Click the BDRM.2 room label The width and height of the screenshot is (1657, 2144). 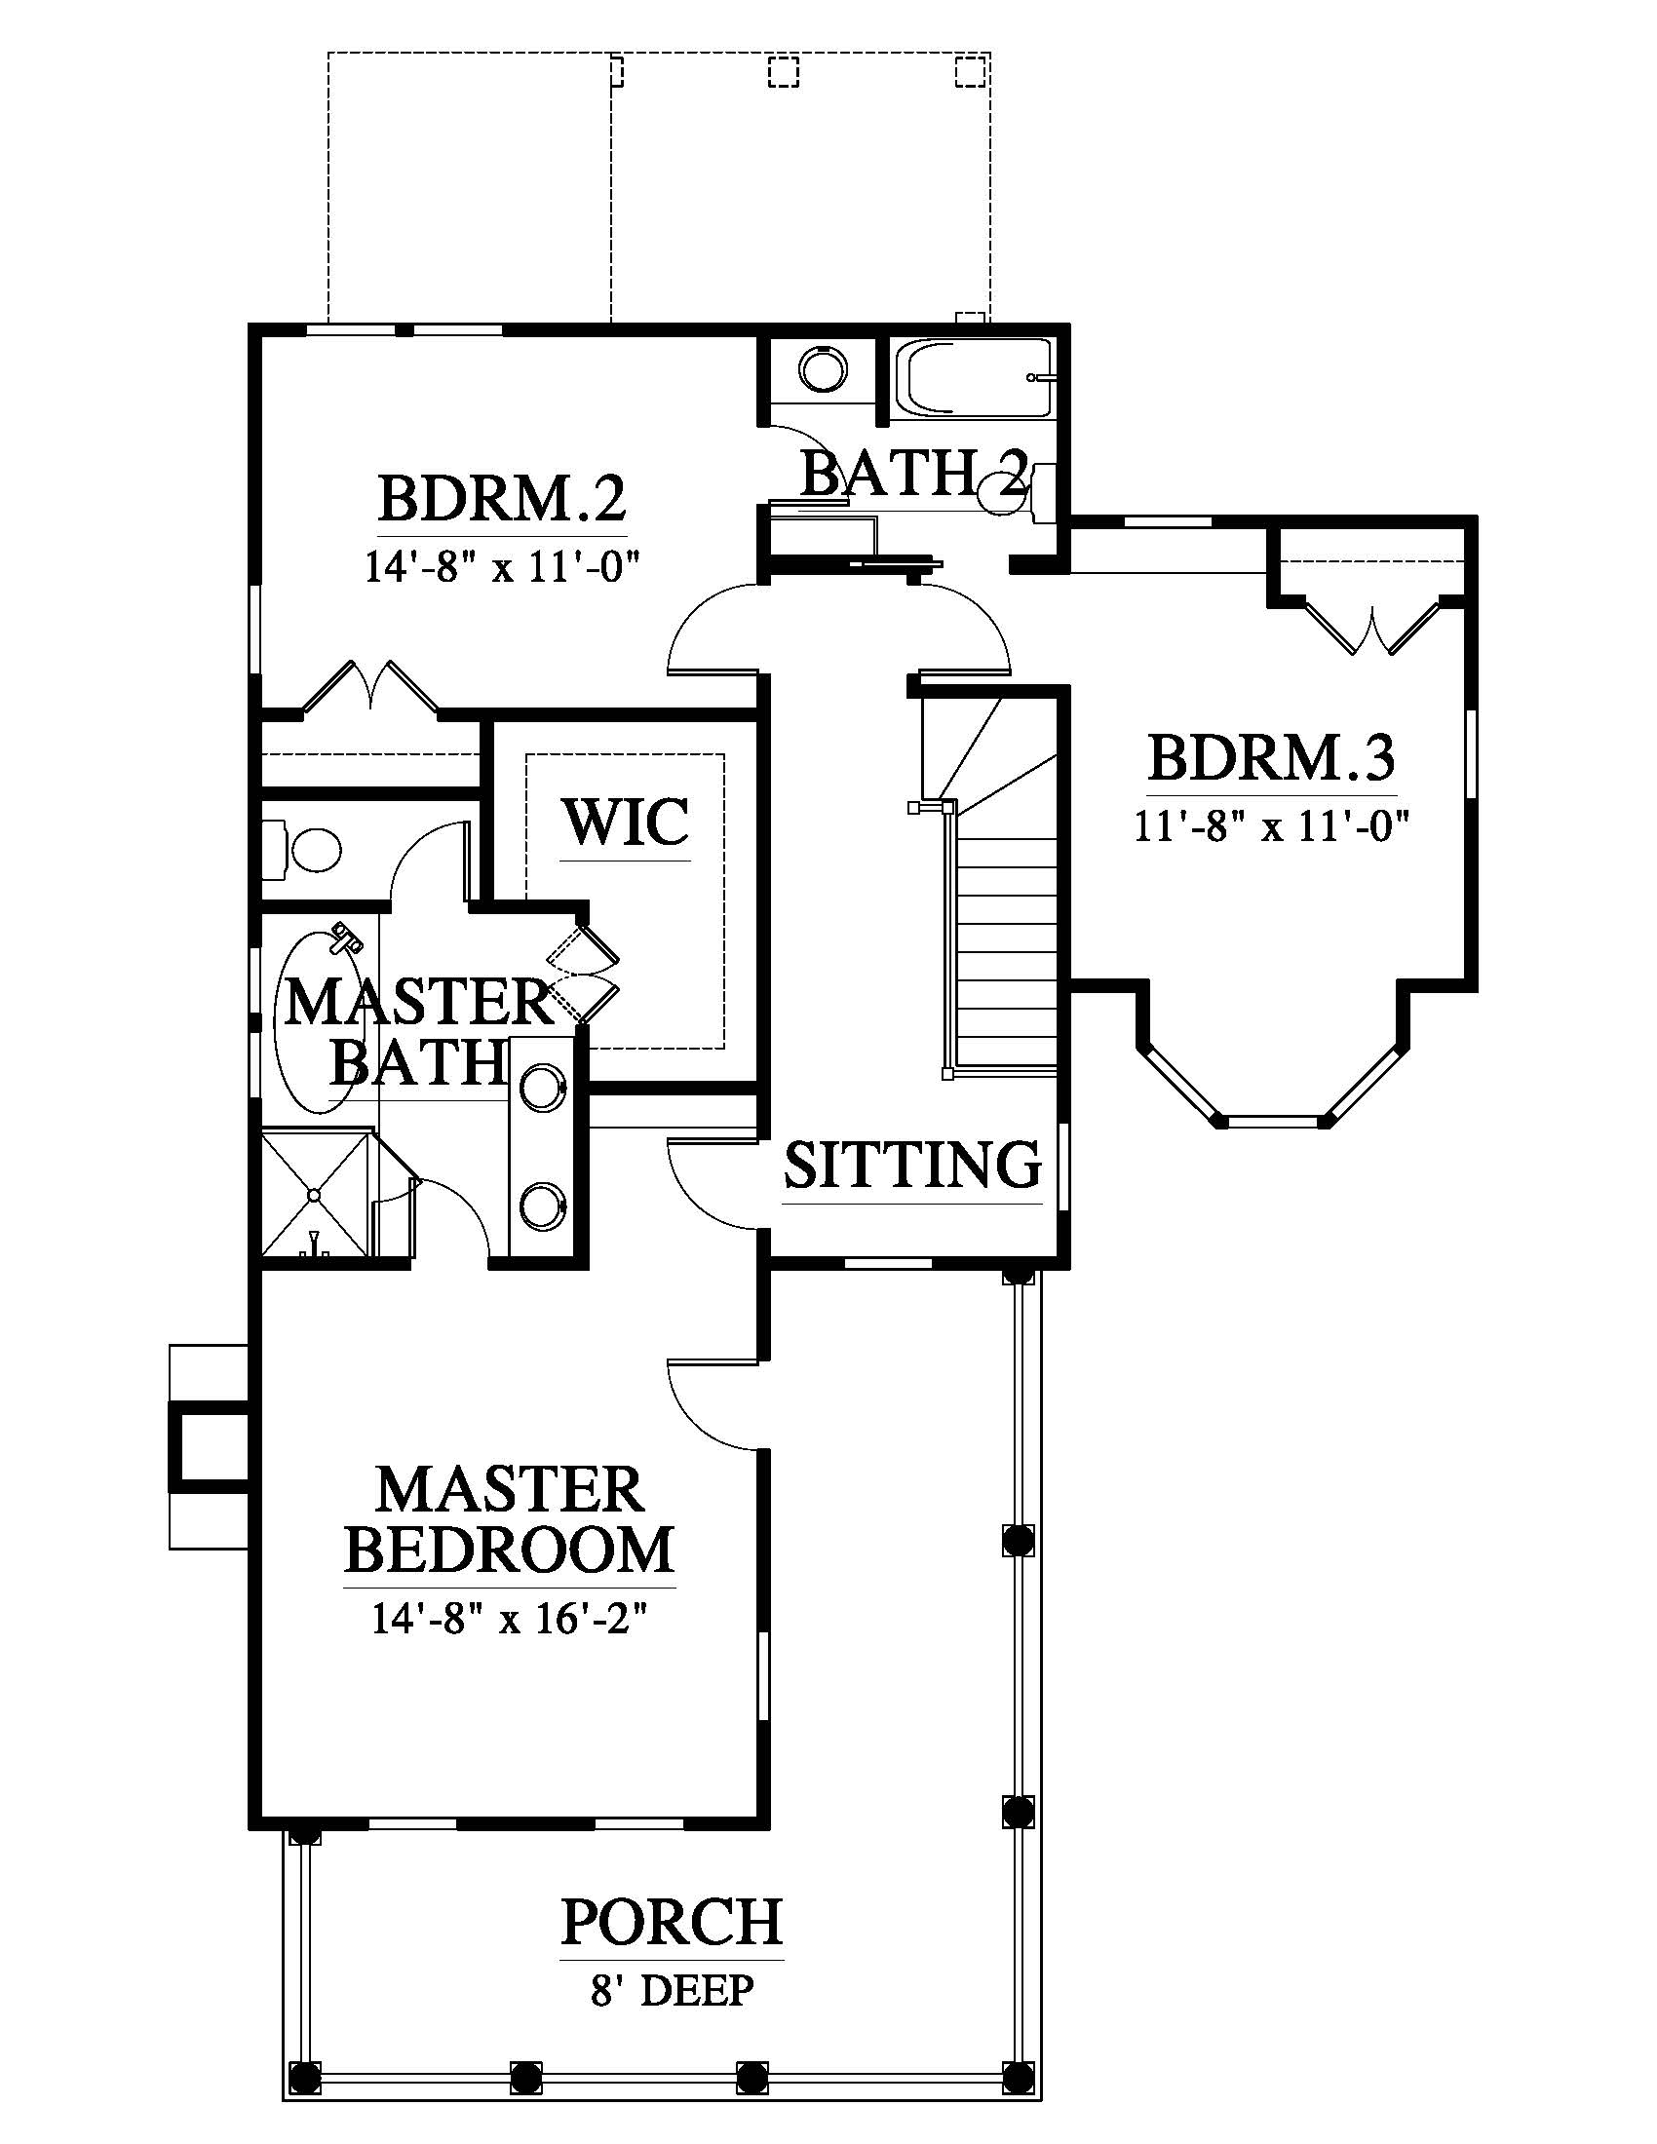pos(502,499)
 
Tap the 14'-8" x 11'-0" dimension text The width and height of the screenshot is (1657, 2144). pos(503,567)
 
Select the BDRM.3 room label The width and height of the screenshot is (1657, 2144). pos(1271,758)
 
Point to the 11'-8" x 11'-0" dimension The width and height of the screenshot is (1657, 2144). pos(1272,825)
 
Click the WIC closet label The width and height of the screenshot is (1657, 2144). pos(626,822)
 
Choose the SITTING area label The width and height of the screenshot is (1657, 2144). pos(912,1165)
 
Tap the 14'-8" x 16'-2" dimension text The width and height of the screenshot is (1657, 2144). pos(510,1619)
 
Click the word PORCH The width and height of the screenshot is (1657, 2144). pos(672,1922)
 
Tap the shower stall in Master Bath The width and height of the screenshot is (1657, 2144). pos(317,1194)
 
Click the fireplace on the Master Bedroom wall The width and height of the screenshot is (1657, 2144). pos(209,1447)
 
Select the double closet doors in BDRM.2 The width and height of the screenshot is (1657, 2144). pos(370,685)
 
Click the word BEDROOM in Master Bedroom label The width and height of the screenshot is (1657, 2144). pos(510,1551)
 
